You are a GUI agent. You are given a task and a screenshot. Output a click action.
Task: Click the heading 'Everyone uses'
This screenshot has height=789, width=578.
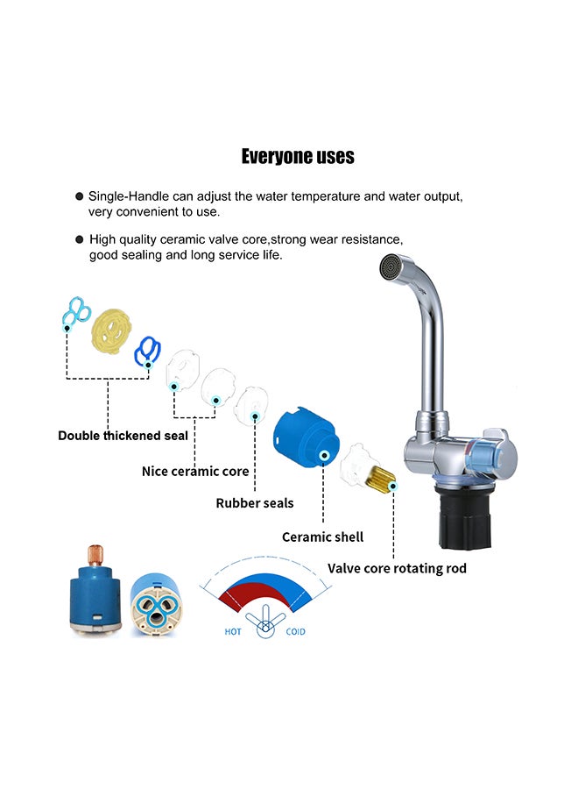pos(298,157)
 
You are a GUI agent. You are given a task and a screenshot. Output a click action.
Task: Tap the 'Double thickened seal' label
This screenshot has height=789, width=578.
pos(123,436)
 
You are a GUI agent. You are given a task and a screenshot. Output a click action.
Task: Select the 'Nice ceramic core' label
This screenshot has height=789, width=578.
pos(195,472)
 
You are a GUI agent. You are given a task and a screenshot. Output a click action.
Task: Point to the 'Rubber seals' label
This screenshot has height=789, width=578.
pos(255,503)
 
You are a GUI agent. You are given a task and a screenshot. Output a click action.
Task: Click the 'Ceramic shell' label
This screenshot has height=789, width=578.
pos(322,537)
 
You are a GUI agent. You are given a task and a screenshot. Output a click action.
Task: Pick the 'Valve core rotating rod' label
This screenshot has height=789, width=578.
pos(397,568)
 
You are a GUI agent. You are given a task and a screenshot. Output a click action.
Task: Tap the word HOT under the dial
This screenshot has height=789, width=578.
pos(233,631)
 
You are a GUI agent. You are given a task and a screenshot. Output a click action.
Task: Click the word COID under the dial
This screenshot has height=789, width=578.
pos(296,631)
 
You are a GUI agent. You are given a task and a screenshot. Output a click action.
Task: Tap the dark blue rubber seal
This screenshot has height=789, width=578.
pos(147,351)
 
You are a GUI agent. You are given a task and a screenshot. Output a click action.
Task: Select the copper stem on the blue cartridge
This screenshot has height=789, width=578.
pos(94,554)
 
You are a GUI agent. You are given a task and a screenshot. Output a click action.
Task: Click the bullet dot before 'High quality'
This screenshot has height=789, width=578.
pos(79,239)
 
